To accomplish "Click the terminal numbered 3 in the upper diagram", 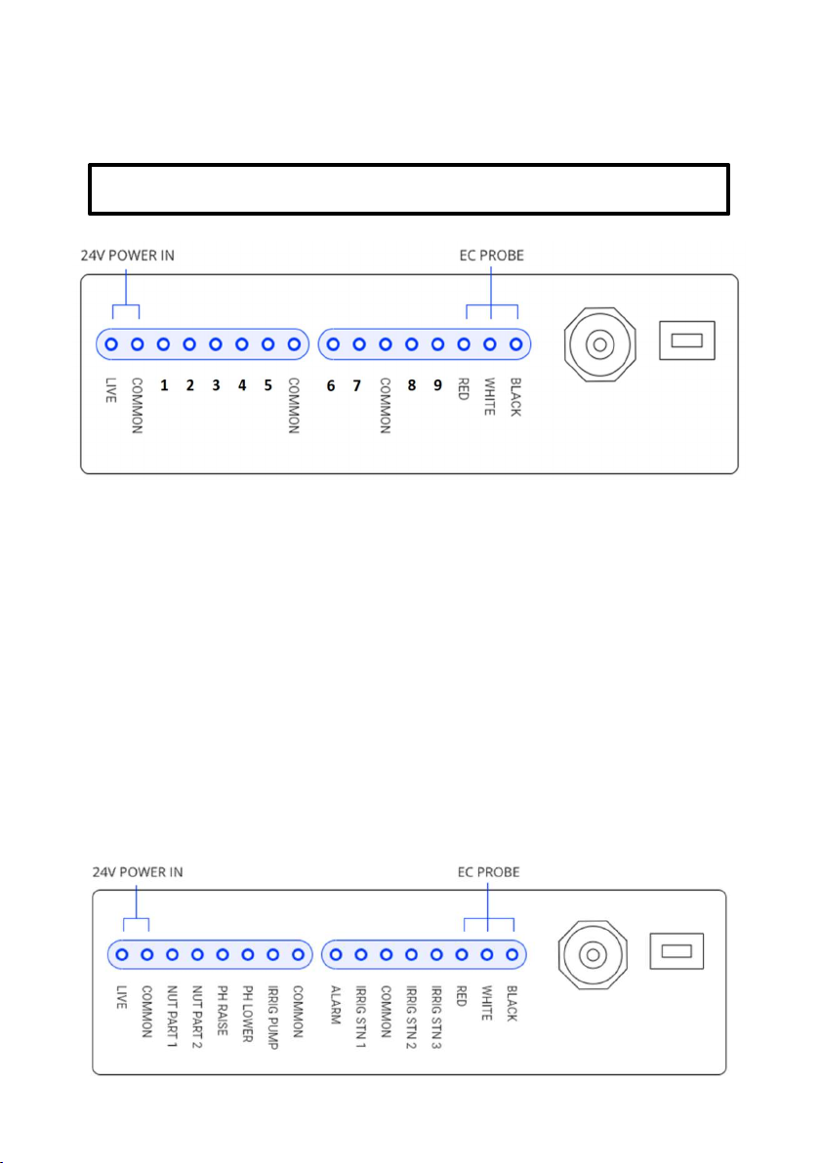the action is [x=216, y=344].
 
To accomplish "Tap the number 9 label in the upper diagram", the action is [x=438, y=385].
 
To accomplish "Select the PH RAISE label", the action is [x=222, y=1010].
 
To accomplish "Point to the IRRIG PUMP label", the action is [x=273, y=1017].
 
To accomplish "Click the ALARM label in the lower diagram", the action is [x=336, y=1005].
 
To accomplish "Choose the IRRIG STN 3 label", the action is [x=436, y=1017].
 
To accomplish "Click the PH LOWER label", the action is [x=248, y=1014].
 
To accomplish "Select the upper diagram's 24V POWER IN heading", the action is [x=128, y=256].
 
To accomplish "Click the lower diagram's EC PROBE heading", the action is [x=488, y=872].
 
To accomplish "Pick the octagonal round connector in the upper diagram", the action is [x=599, y=344].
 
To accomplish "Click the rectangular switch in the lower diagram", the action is [x=676, y=951].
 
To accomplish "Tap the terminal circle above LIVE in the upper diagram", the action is [x=111, y=344].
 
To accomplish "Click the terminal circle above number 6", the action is [x=333, y=344].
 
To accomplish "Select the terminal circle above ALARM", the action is [x=336, y=954].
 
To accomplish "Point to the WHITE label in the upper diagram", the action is [x=489, y=397].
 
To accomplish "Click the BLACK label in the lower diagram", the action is [x=512, y=1004].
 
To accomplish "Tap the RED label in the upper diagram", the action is [x=463, y=389].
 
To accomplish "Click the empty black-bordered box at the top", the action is [x=409, y=189].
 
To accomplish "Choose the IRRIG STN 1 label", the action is [x=360, y=1017].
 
